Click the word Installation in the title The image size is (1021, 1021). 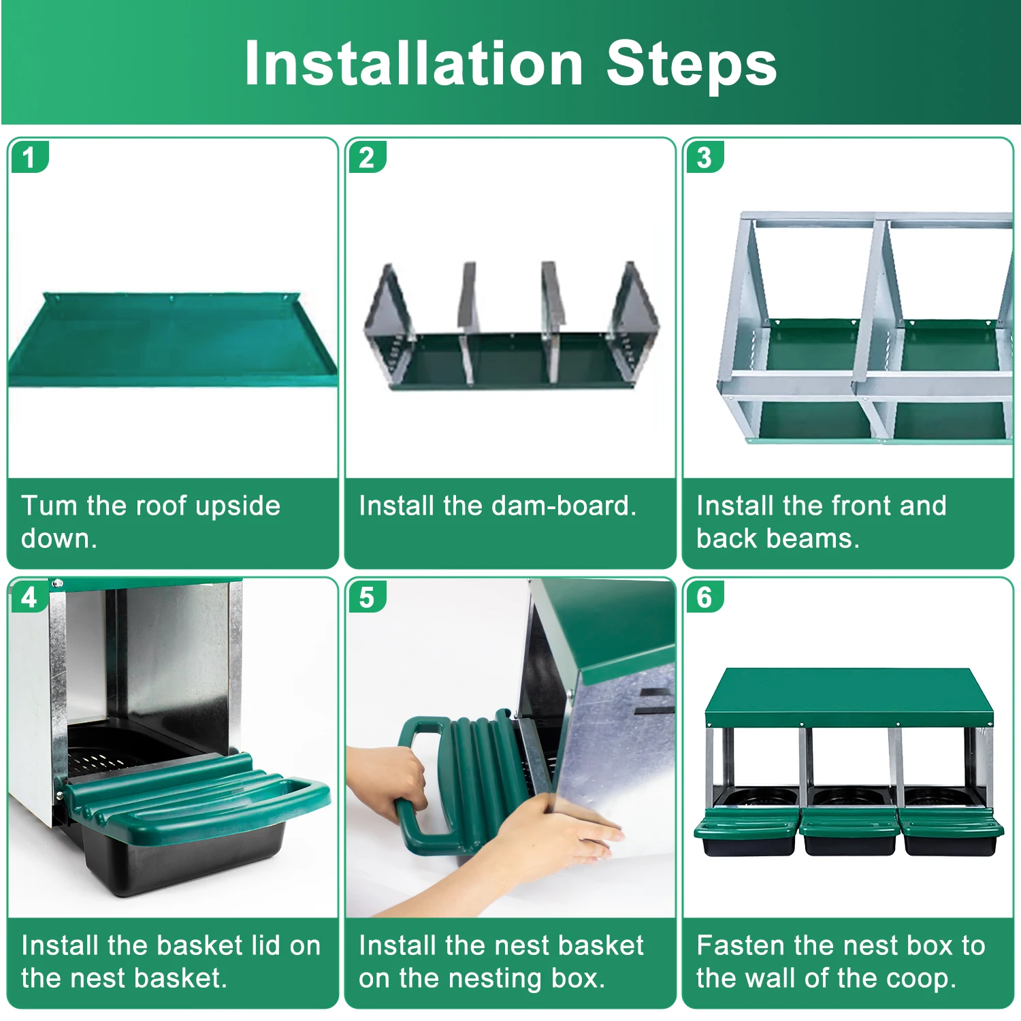tap(413, 63)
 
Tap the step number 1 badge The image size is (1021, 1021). tap(29, 157)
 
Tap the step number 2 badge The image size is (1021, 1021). tap(366, 157)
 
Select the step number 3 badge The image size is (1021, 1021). tap(704, 157)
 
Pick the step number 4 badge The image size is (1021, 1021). tap(29, 597)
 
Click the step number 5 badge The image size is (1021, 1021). tap(366, 597)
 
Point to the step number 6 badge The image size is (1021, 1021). tap(704, 597)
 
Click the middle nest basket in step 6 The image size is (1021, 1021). tap(849, 834)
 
